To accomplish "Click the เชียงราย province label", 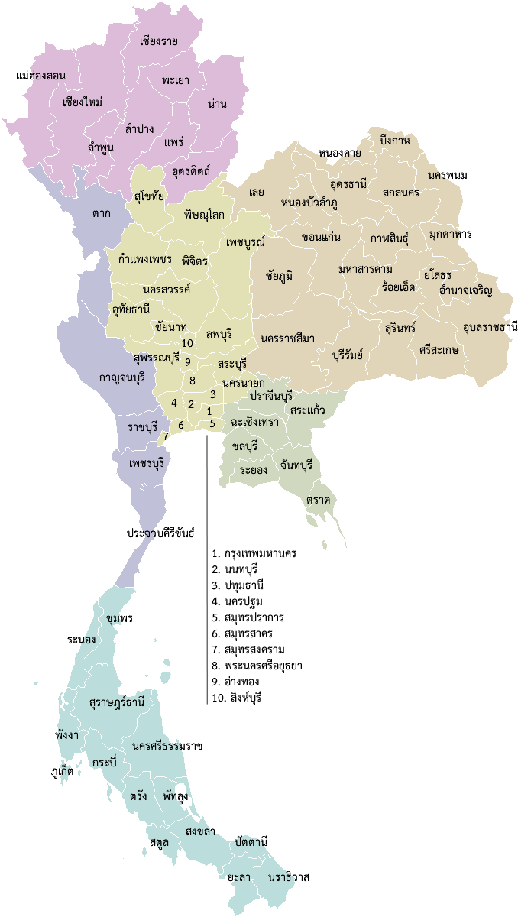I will click(x=159, y=41).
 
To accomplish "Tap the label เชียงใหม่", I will click(x=83, y=102).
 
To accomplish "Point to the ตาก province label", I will click(x=101, y=213).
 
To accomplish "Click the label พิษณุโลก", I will click(x=204, y=215).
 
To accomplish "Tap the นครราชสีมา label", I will click(x=287, y=339).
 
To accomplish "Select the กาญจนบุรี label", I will click(x=122, y=377).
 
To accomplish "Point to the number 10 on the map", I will click(x=187, y=343).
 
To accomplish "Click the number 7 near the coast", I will click(x=166, y=436).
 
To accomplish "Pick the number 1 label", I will click(x=209, y=411).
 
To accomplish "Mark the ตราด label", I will click(x=318, y=500).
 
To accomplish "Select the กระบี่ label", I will click(x=103, y=763).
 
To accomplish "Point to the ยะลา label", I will click(x=238, y=877).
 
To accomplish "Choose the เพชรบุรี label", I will click(x=147, y=463).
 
